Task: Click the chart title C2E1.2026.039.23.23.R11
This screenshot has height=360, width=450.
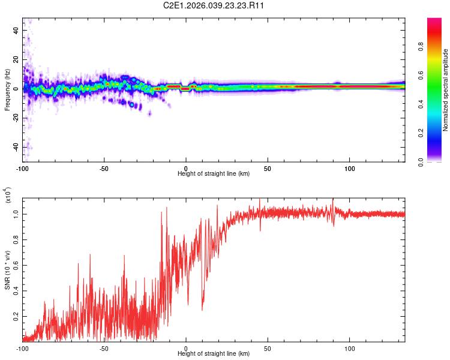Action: [214, 5]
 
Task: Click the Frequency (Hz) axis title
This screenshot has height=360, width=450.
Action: [7, 89]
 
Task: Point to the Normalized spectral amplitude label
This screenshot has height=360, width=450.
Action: [446, 90]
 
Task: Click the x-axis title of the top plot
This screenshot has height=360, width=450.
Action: [214, 174]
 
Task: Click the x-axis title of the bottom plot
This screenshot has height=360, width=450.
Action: [214, 354]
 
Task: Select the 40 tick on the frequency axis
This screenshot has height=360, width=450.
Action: [15, 30]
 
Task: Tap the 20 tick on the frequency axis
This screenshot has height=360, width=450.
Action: [15, 59]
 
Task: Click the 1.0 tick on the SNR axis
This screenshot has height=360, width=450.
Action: [15, 214]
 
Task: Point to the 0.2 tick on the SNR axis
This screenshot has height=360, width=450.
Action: [15, 316]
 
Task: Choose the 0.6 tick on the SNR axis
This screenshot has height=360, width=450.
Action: [15, 265]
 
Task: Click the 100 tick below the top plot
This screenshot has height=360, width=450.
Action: [349, 167]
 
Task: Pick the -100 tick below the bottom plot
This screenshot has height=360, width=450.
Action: [23, 347]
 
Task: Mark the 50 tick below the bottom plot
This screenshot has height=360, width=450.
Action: [268, 347]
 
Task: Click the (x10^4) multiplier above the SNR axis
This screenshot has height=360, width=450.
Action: [8, 196]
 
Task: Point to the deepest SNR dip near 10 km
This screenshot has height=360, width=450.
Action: [202, 310]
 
